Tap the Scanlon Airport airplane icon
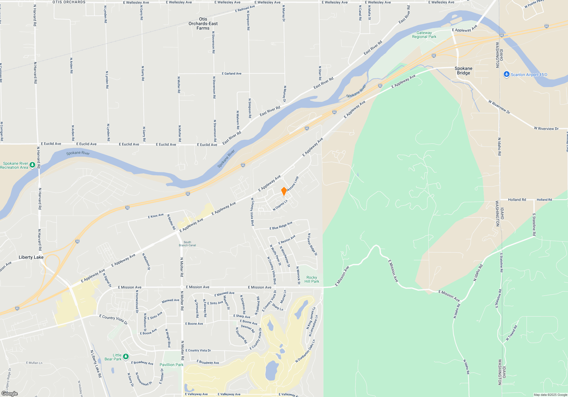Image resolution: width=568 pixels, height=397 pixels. tap(506, 74)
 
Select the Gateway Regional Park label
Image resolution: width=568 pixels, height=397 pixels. tap(424, 35)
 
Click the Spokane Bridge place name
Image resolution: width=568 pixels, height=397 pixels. tap(463, 71)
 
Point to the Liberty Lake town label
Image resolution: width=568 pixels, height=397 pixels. tap(31, 257)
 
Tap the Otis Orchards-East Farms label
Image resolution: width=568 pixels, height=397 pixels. tap(203, 24)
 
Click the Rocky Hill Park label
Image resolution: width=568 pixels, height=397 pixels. tap(312, 279)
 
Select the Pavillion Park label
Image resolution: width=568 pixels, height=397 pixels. tap(172, 365)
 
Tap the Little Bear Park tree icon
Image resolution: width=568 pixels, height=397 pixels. tap(126, 356)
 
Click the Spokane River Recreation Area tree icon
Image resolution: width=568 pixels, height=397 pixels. tap(32, 165)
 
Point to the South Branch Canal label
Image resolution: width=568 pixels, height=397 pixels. tap(187, 244)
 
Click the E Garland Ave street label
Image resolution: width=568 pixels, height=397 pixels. tap(231, 73)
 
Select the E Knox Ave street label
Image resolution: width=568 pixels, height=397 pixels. tap(156, 216)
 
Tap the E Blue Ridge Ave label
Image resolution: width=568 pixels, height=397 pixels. tap(281, 226)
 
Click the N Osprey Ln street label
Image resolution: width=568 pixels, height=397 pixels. tap(280, 205)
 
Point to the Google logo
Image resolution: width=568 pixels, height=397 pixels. tap(9, 394)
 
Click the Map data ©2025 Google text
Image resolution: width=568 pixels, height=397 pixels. tap(550, 395)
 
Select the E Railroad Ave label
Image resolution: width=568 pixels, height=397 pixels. tap(245, 9)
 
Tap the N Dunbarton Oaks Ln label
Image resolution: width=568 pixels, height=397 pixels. tap(305, 351)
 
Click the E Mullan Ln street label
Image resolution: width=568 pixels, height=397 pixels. tap(34, 363)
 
